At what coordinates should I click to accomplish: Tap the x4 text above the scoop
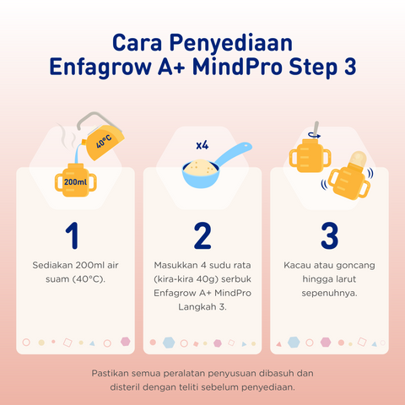tap(202, 145)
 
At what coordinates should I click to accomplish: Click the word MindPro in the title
tap(262, 67)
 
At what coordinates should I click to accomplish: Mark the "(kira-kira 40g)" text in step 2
tap(190, 279)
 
